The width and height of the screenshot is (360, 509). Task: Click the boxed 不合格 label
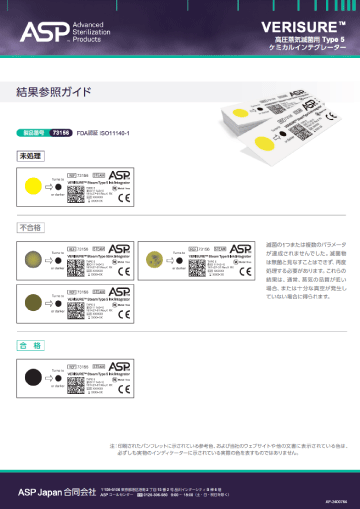31,228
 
